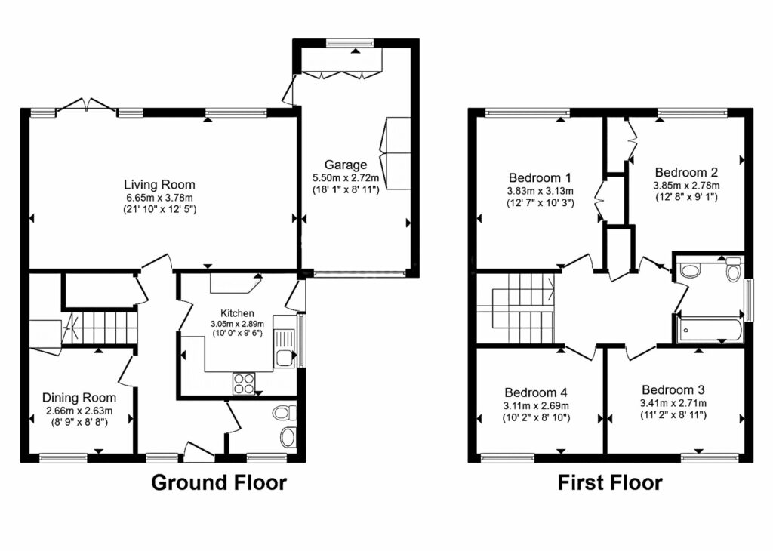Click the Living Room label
pos(159,185)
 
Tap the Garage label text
pos(346,165)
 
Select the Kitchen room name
pos(237,313)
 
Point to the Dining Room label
pos(79,398)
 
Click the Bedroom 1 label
pos(540,177)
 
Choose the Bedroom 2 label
pos(686,173)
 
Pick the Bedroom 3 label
pos(673,389)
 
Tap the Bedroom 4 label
pos(536,392)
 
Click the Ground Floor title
pos(219,482)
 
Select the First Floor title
pos(610,482)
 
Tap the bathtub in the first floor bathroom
pos(710,330)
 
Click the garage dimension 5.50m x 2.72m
pos(346,177)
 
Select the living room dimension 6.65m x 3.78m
pos(159,198)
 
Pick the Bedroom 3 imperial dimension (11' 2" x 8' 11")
pos(673,415)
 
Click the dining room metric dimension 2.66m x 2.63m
pos(79,411)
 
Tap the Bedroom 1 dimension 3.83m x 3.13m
pos(540,190)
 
